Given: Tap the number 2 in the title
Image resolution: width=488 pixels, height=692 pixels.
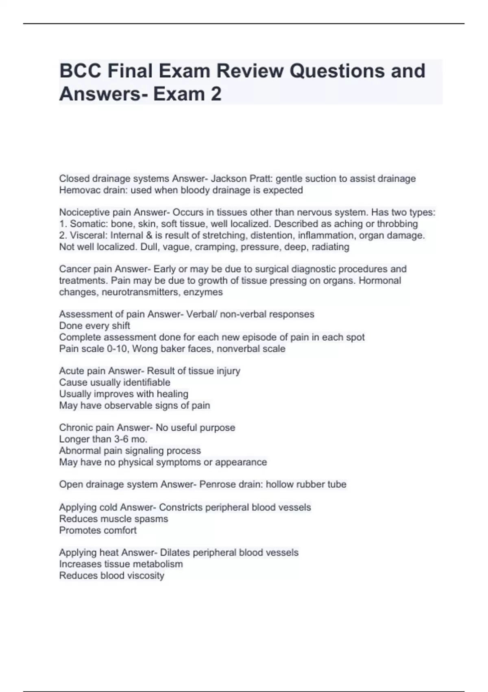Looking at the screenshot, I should tap(216, 94).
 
